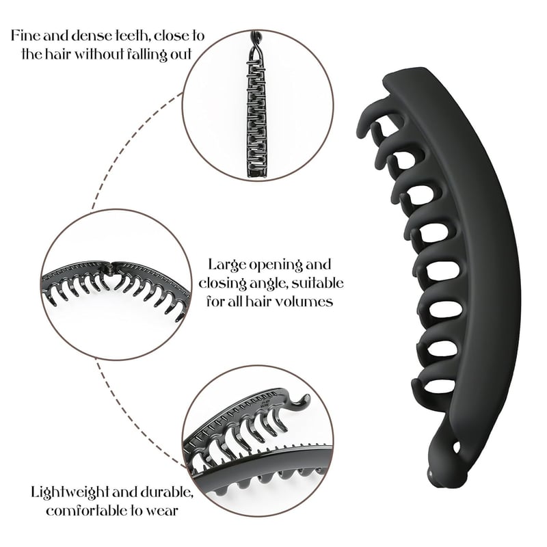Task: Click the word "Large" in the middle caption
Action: (x=226, y=265)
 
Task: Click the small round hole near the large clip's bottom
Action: (x=457, y=447)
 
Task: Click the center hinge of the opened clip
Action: (x=111, y=268)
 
